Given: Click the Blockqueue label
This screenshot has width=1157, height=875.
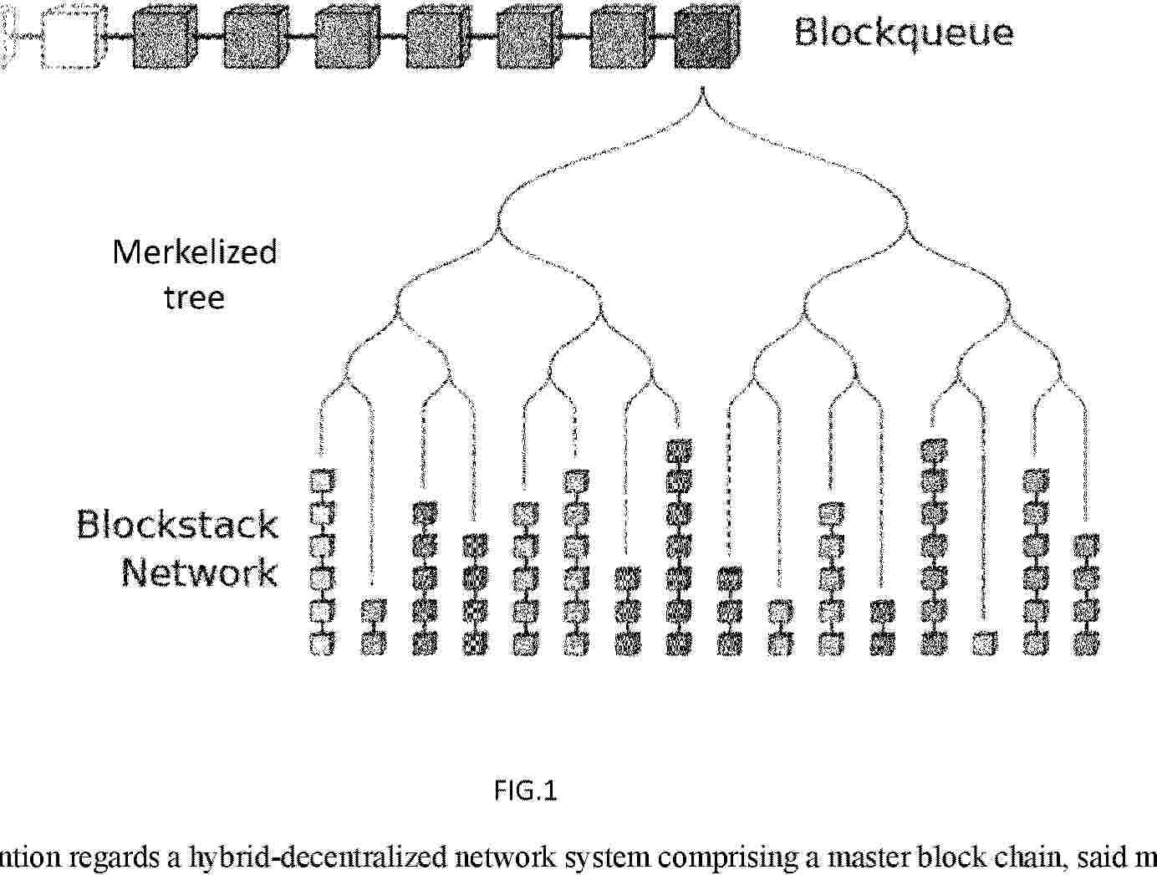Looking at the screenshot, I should point(904,33).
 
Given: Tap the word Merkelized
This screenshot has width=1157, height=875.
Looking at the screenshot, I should point(195,252).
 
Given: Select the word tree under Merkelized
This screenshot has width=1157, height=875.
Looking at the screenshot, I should point(194,298).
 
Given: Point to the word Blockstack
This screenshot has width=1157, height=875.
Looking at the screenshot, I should point(177,525).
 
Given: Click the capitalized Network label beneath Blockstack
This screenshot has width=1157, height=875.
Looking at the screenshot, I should point(200,572).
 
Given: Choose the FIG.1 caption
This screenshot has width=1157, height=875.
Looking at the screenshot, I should point(525,790).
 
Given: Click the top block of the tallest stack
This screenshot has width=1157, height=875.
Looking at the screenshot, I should point(678,451).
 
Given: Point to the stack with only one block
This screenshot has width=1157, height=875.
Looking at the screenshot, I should point(985,643).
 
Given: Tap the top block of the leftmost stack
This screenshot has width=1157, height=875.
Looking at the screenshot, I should point(323,481).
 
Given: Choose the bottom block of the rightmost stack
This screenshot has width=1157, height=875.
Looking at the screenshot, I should point(1087,643).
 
